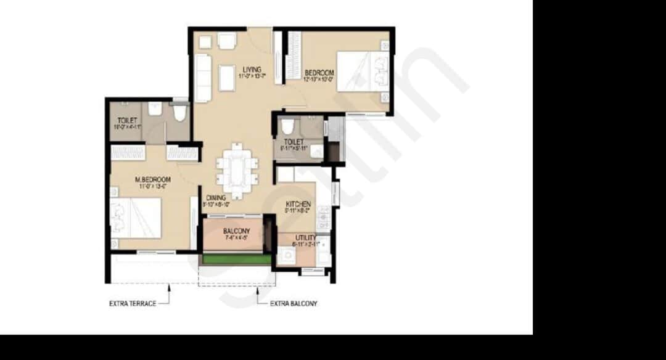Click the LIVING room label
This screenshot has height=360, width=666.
click(252, 69)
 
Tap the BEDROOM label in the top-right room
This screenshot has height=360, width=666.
click(318, 72)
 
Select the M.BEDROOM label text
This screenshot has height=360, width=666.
click(152, 179)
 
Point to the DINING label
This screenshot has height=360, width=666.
click(216, 198)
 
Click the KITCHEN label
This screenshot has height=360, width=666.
click(298, 204)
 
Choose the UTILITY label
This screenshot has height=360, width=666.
click(306, 237)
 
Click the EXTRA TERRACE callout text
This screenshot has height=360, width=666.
click(132, 303)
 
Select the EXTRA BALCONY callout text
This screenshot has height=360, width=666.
click(294, 304)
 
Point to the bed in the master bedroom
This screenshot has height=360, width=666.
click(136, 218)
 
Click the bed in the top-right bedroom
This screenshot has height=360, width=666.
click(362, 72)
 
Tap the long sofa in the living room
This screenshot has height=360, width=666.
click(203, 78)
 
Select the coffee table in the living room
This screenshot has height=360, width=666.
click(227, 78)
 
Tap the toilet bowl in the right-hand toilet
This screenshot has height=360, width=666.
click(287, 126)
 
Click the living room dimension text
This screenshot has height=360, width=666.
click(252, 76)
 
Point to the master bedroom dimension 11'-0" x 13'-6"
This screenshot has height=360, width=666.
click(152, 186)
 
